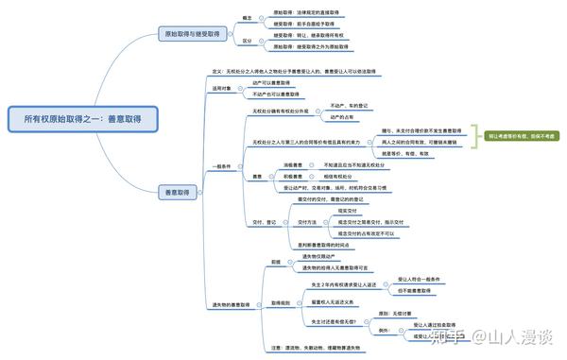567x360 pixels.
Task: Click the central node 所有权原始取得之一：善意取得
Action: click(x=82, y=120)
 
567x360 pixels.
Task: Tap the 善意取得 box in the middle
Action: click(x=177, y=192)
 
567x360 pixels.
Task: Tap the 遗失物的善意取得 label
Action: click(x=232, y=305)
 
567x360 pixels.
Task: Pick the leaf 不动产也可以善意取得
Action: click(x=276, y=94)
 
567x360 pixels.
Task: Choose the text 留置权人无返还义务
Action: click(x=332, y=301)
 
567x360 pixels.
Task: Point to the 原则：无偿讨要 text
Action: click(x=398, y=312)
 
